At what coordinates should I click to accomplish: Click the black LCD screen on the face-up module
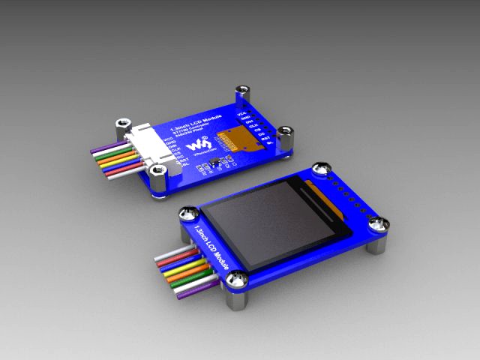coord(266,224)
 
